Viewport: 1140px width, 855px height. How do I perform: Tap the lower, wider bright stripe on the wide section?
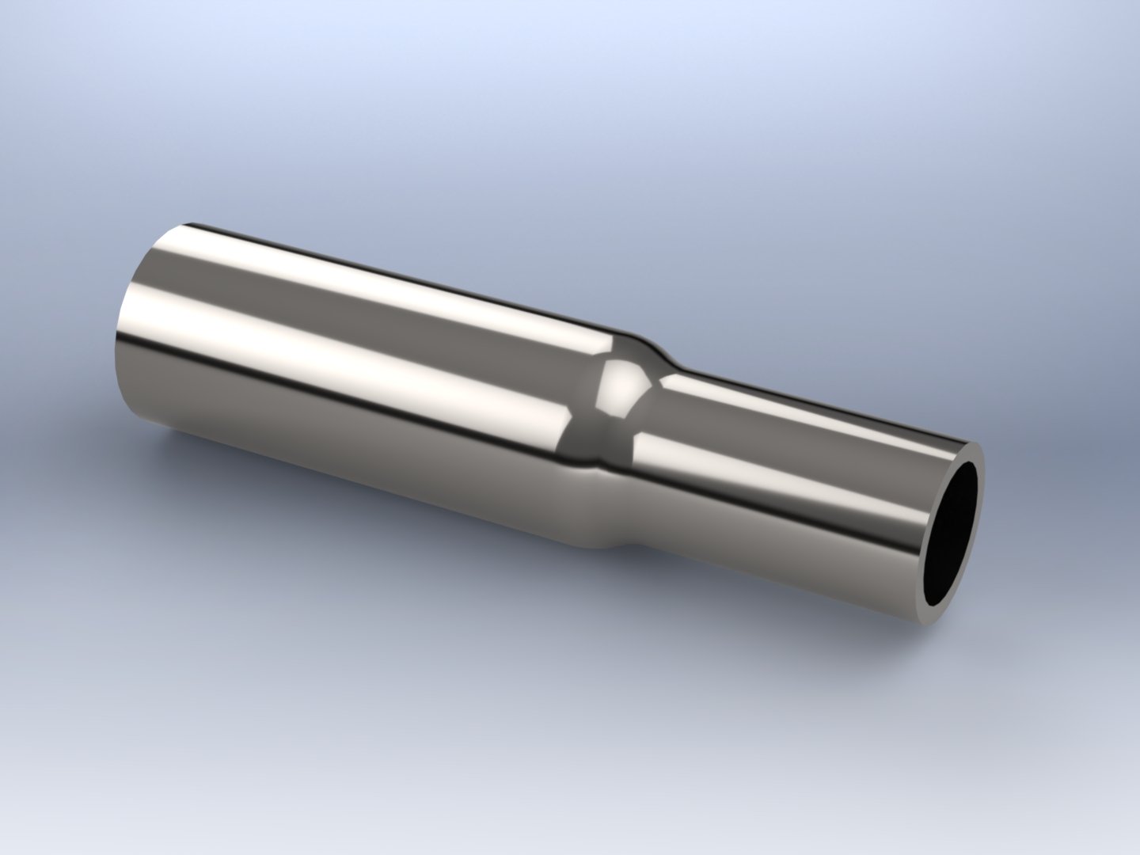click(356, 364)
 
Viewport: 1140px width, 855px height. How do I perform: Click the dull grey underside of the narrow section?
click(792, 538)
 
